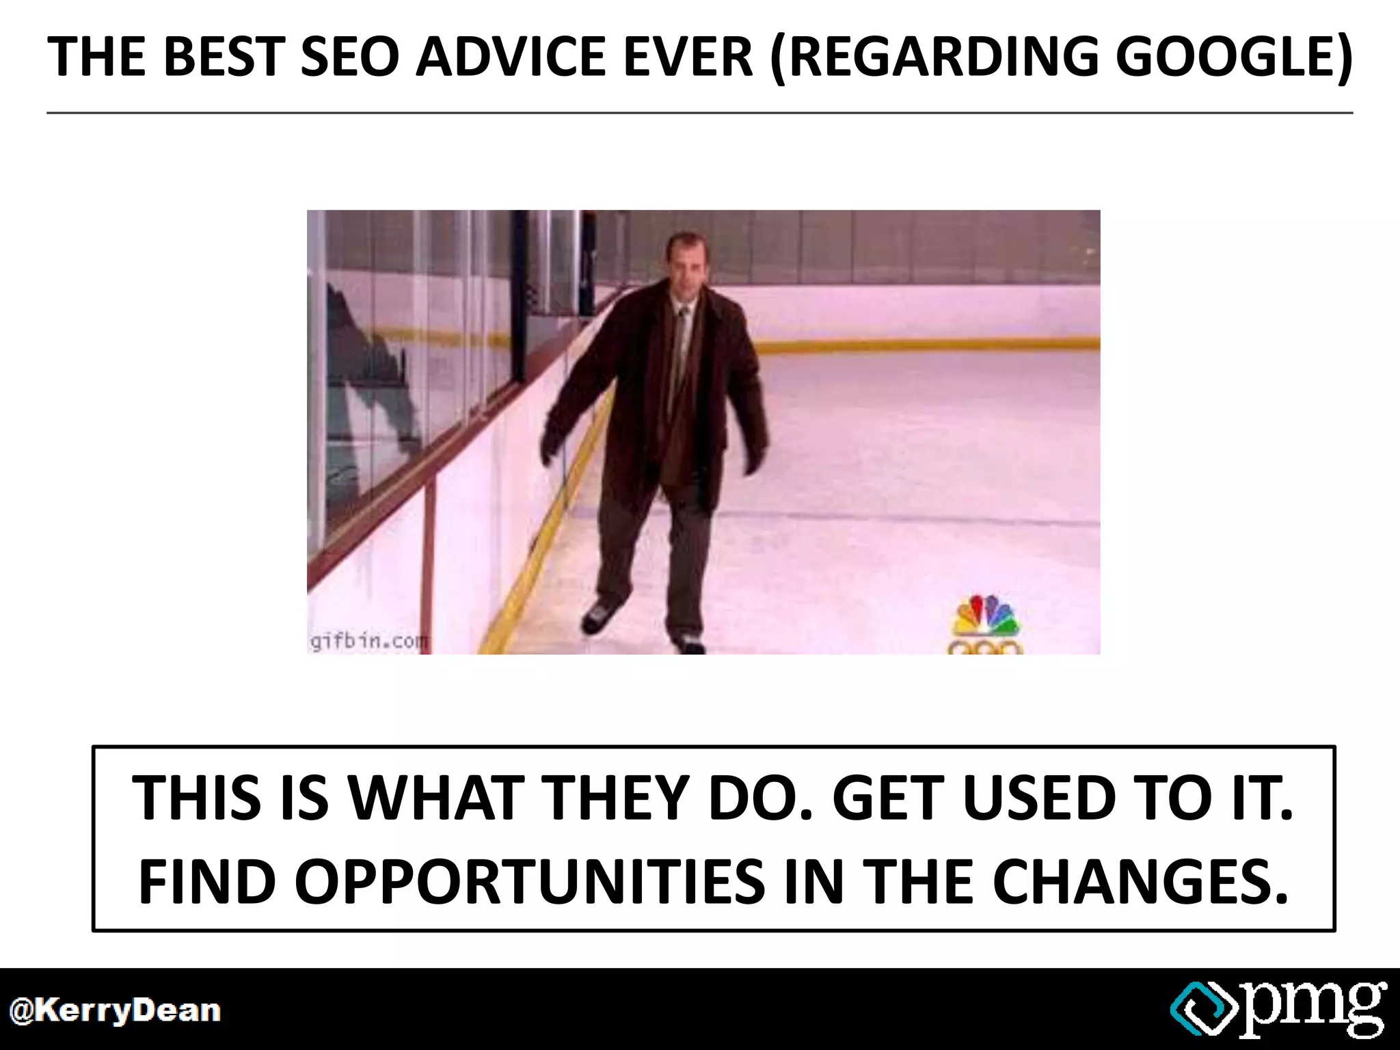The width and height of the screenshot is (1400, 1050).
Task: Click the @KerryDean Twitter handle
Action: (x=115, y=1011)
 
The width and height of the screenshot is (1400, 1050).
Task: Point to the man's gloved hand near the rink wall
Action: (x=552, y=443)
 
